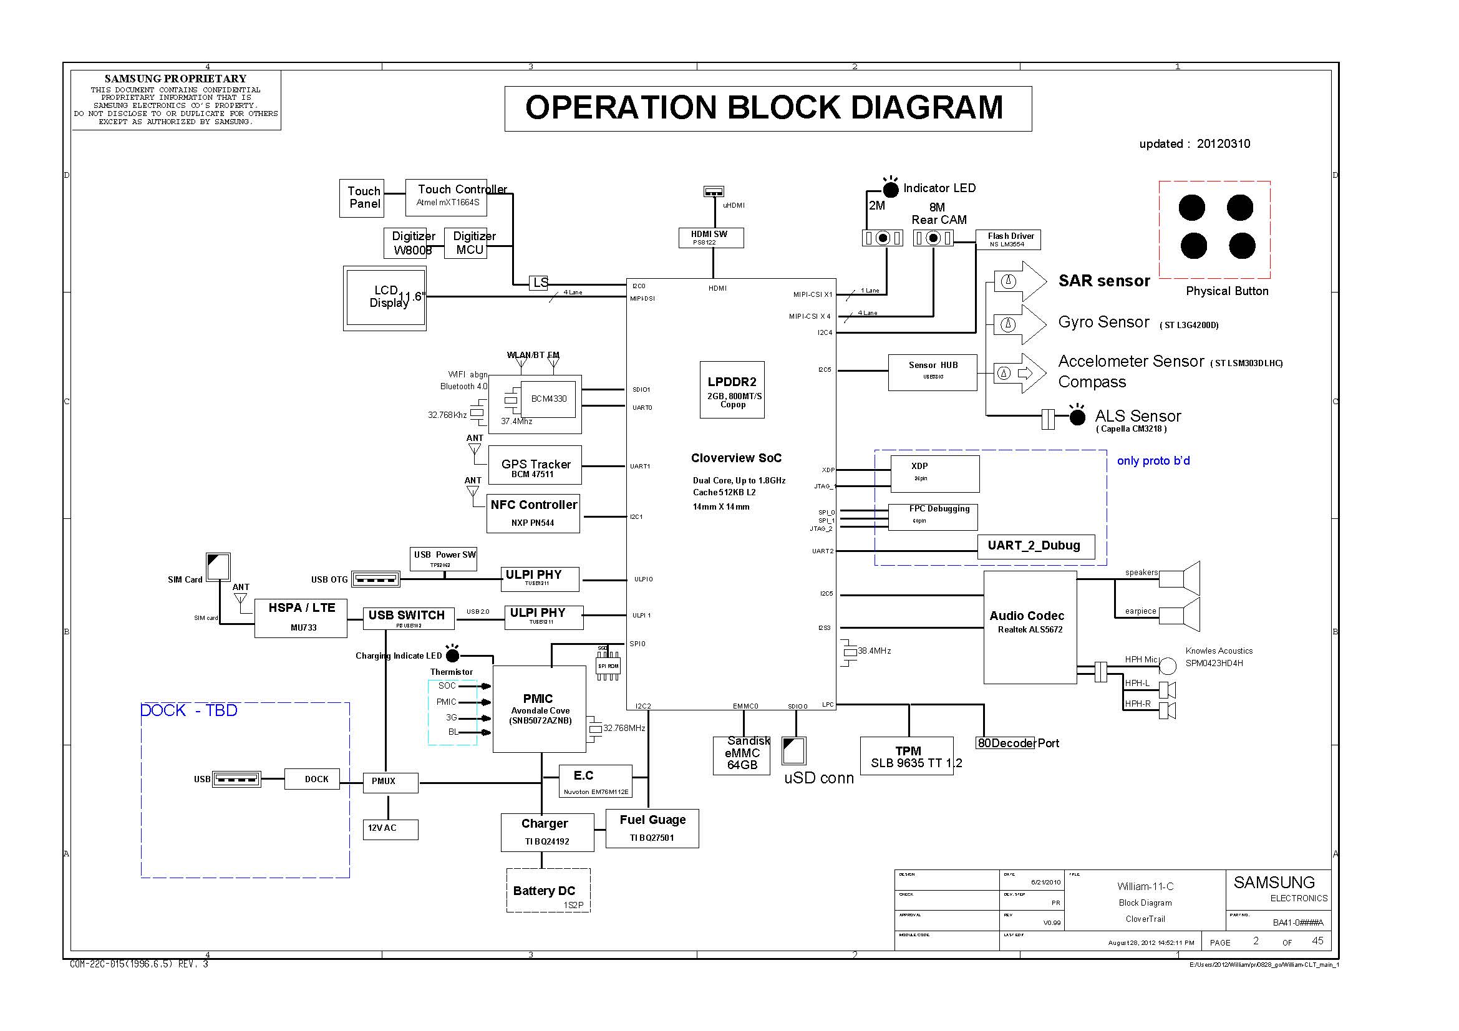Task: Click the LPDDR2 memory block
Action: [732, 389]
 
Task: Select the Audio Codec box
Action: [1029, 626]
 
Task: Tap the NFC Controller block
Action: [533, 513]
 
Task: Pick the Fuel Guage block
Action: [652, 828]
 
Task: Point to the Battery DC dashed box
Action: [548, 890]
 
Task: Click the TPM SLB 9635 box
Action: [906, 755]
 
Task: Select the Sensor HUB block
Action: [931, 372]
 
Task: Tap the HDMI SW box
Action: [710, 238]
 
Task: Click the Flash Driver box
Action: [1007, 240]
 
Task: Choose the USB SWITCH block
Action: [408, 617]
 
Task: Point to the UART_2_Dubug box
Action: [1035, 546]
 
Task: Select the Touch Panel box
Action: [362, 198]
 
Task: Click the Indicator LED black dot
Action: [890, 190]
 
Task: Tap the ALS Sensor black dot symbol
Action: [1077, 417]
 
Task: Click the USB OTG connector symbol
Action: [375, 579]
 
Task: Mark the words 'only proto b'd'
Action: [1153, 460]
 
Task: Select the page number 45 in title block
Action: [1317, 941]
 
